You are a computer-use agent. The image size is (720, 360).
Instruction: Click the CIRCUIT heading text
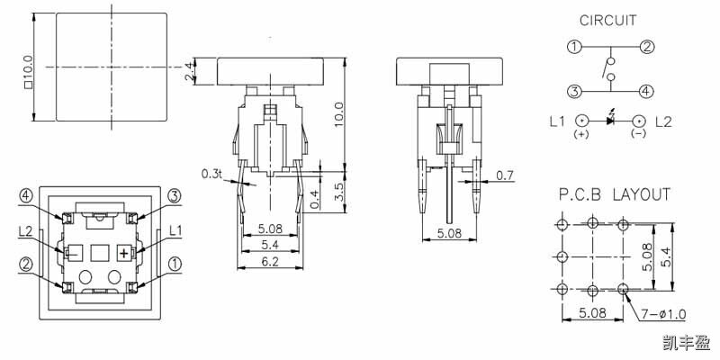[x=608, y=20]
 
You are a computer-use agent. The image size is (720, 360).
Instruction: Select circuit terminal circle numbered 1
[x=572, y=47]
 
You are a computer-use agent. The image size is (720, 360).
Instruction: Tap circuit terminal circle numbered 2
[x=646, y=47]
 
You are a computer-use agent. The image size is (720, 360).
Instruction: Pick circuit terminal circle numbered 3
[x=572, y=90]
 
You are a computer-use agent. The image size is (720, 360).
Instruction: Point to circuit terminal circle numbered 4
[x=646, y=90]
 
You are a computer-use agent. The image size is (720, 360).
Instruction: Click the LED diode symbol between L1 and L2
[x=610, y=121]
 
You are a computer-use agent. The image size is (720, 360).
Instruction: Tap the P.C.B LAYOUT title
[x=613, y=194]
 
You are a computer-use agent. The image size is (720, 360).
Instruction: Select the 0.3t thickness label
[x=211, y=172]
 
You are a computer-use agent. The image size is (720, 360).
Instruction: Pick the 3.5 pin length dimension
[x=337, y=191]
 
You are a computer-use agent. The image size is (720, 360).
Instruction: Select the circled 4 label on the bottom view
[x=27, y=195]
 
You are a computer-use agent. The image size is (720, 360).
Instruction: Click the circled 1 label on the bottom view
[x=175, y=265]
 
